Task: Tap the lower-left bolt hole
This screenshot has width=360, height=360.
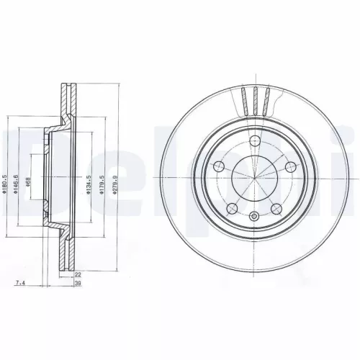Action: click(232, 208)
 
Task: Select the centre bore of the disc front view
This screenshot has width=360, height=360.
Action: click(253, 179)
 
